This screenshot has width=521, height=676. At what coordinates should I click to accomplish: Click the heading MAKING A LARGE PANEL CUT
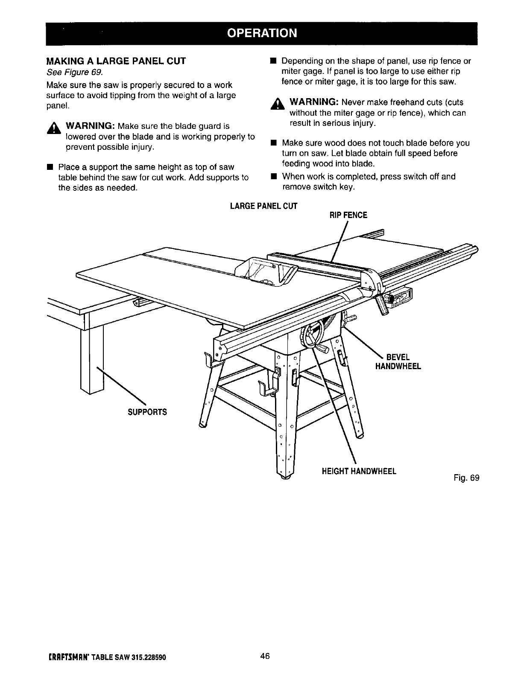pyautogui.click(x=116, y=61)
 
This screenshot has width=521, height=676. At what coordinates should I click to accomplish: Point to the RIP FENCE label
pyautogui.click(x=348, y=215)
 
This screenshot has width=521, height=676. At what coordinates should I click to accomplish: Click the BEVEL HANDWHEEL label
pyautogui.click(x=398, y=361)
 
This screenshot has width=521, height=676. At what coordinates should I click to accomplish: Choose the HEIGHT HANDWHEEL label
pyautogui.click(x=359, y=471)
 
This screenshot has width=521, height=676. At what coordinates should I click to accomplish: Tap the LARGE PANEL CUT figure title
pyautogui.click(x=263, y=206)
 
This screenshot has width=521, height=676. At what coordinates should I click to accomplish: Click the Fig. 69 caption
pyautogui.click(x=467, y=478)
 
